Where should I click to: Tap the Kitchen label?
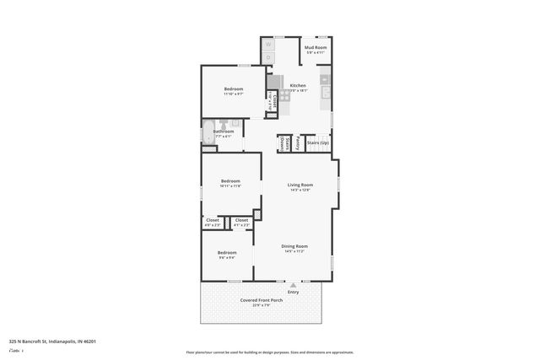pyautogui.click(x=298, y=86)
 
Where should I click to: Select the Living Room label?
pyautogui.click(x=300, y=185)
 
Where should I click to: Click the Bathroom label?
pyautogui.click(x=224, y=132)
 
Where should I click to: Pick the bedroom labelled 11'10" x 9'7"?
pyautogui.click(x=234, y=89)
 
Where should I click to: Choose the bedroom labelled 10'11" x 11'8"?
pyautogui.click(x=230, y=181)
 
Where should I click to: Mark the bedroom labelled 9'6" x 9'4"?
pyautogui.click(x=227, y=253)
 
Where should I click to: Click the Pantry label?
pyautogui.click(x=299, y=144)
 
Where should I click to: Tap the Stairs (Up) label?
pyautogui.click(x=318, y=143)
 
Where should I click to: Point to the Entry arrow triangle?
pyautogui.click(x=293, y=285)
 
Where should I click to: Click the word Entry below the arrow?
pyautogui.click(x=293, y=293)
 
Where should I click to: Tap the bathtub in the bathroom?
pyautogui.click(x=208, y=132)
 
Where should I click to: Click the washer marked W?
pyautogui.click(x=269, y=44)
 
